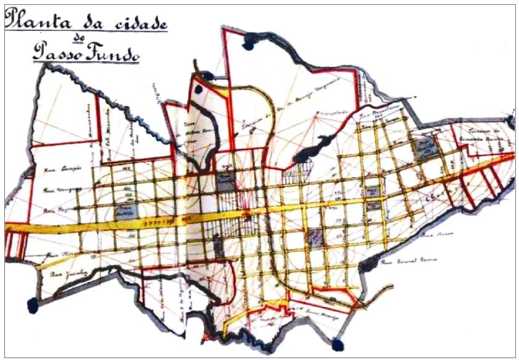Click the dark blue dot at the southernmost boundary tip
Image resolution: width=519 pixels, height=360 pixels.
coord(337,343)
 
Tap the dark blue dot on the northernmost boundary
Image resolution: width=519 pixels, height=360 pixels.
coord(250,42)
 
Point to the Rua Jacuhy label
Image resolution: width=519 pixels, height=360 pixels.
coord(65,272)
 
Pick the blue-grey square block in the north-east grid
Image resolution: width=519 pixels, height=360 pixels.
coord(424,148)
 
